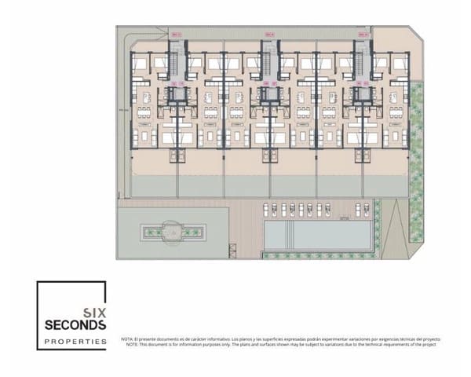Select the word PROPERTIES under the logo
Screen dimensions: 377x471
pos(75,342)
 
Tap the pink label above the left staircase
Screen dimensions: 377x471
pos(177,34)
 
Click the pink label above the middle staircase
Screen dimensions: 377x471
pos(269,34)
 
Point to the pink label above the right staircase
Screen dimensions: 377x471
pos(362,34)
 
